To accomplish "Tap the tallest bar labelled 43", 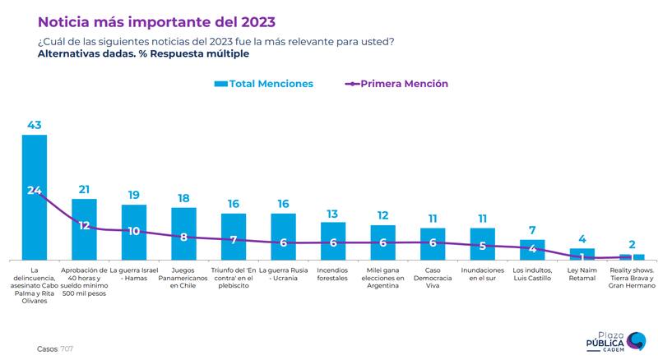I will click(35, 197).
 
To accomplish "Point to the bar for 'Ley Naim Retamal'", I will click(582, 254).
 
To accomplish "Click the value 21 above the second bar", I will click(84, 190).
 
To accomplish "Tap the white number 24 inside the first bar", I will click(35, 190).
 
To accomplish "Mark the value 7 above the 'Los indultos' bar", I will click(532, 230).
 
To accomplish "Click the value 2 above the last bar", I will click(632, 244).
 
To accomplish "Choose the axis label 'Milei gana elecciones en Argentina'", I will click(382, 279).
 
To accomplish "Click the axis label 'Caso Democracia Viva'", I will click(433, 279).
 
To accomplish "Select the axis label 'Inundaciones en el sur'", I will click(482, 275).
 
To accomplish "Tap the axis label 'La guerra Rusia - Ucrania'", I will click(283, 275).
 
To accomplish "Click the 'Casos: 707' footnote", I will click(55, 348).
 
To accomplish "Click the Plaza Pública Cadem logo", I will click(614, 341).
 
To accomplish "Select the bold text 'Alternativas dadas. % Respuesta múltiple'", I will click(143, 53).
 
